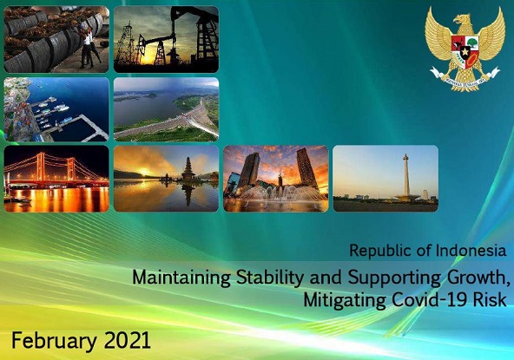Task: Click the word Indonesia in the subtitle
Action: (471, 251)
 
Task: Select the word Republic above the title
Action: (380, 251)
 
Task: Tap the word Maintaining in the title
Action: (181, 278)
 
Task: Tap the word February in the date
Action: (54, 341)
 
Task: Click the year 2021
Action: (127, 340)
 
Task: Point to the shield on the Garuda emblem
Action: (465, 50)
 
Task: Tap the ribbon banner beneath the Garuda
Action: (465, 77)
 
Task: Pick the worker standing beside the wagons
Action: (87, 46)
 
